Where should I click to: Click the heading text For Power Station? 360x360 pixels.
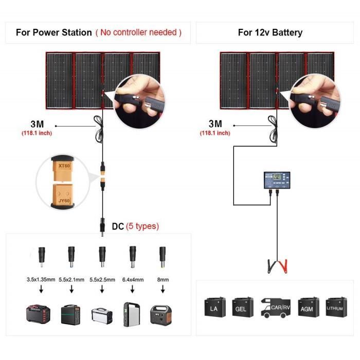[53, 32]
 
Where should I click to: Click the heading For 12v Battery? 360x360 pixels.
[270, 32]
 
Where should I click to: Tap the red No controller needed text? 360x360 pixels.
[138, 32]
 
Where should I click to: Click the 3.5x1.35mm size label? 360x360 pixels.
[41, 280]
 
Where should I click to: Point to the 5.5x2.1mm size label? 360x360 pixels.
[70, 280]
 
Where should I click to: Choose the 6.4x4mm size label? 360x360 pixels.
[132, 280]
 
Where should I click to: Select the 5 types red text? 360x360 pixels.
[142, 226]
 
